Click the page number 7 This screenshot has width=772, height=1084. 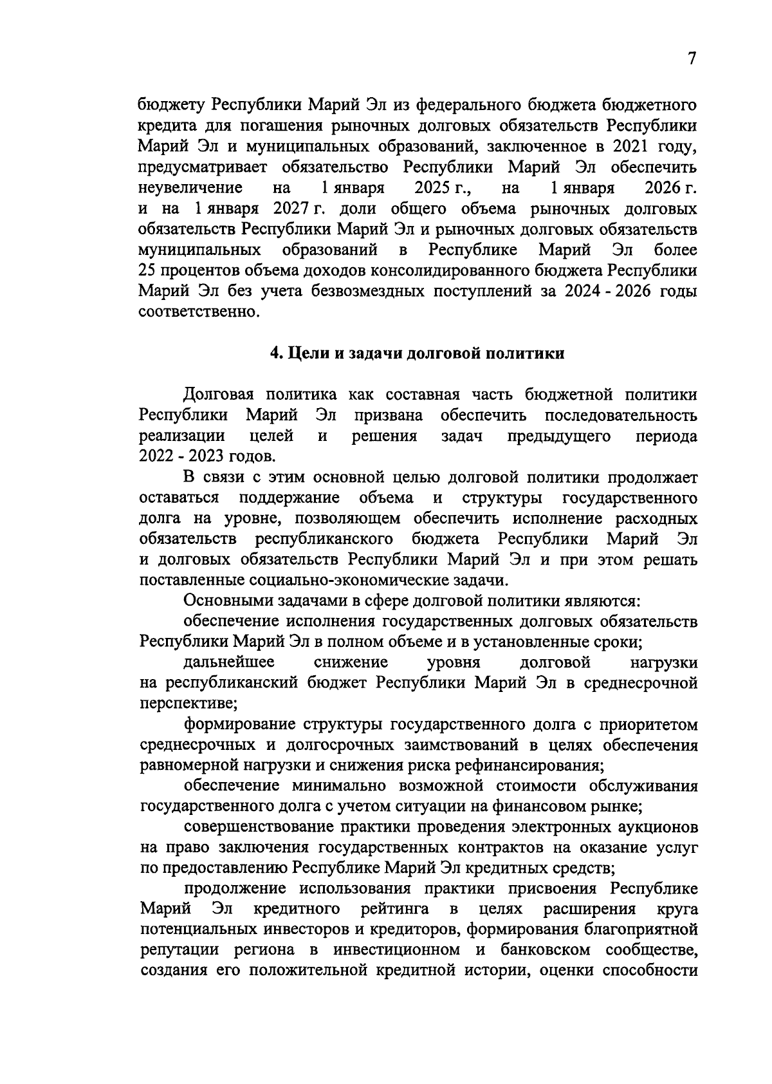pyautogui.click(x=692, y=59)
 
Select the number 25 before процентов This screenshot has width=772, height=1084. pyautogui.click(x=148, y=270)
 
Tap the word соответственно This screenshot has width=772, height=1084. pyautogui.click(x=199, y=312)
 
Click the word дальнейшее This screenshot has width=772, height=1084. pyautogui.click(x=229, y=662)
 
